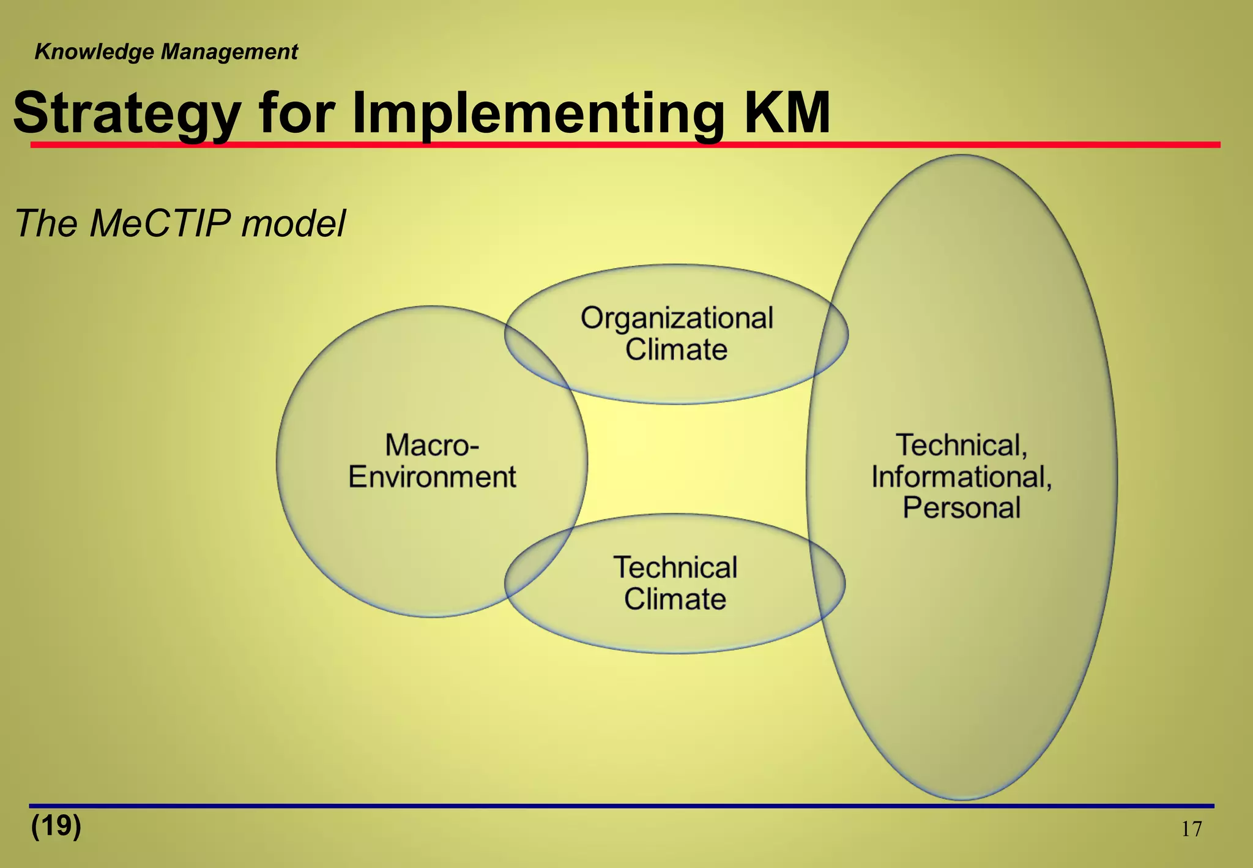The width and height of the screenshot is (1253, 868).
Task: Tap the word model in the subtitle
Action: coord(293,223)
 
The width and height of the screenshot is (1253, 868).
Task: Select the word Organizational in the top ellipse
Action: coord(677,318)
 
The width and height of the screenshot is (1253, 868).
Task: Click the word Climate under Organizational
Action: coord(676,350)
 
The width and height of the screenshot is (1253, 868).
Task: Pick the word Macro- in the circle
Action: coord(432,445)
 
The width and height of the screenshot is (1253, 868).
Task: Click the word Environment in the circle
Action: coord(432,477)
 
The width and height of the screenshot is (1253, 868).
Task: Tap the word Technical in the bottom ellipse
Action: coord(675,567)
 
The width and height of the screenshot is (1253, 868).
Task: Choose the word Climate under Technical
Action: coord(675,599)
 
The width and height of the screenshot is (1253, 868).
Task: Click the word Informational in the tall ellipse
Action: coord(962,477)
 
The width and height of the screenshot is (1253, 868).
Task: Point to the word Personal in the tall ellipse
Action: coord(962,508)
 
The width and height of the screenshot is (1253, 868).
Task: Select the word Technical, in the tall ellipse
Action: coord(962,445)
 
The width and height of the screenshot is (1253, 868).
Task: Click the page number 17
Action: coord(1191,829)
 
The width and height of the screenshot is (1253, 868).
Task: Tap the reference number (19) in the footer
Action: coord(56,826)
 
